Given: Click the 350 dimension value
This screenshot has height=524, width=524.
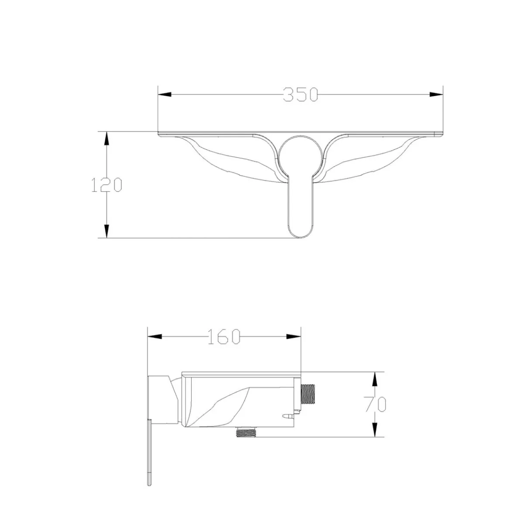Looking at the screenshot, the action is (300, 94).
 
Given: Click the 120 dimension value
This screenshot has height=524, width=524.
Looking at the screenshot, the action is (106, 185).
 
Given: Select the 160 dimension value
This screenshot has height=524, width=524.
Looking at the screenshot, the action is (224, 337).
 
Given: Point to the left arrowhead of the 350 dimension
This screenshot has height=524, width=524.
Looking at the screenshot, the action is (165, 94).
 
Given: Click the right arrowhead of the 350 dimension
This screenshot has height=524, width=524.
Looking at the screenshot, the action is (436, 94).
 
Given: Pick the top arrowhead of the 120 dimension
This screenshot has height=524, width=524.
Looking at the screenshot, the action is (106, 139).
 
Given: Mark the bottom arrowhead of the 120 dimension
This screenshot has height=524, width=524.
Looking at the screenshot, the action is (106, 231).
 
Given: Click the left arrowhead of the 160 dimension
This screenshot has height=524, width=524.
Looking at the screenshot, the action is (154, 337).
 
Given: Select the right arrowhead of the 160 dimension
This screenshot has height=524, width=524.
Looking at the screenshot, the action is (294, 337).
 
